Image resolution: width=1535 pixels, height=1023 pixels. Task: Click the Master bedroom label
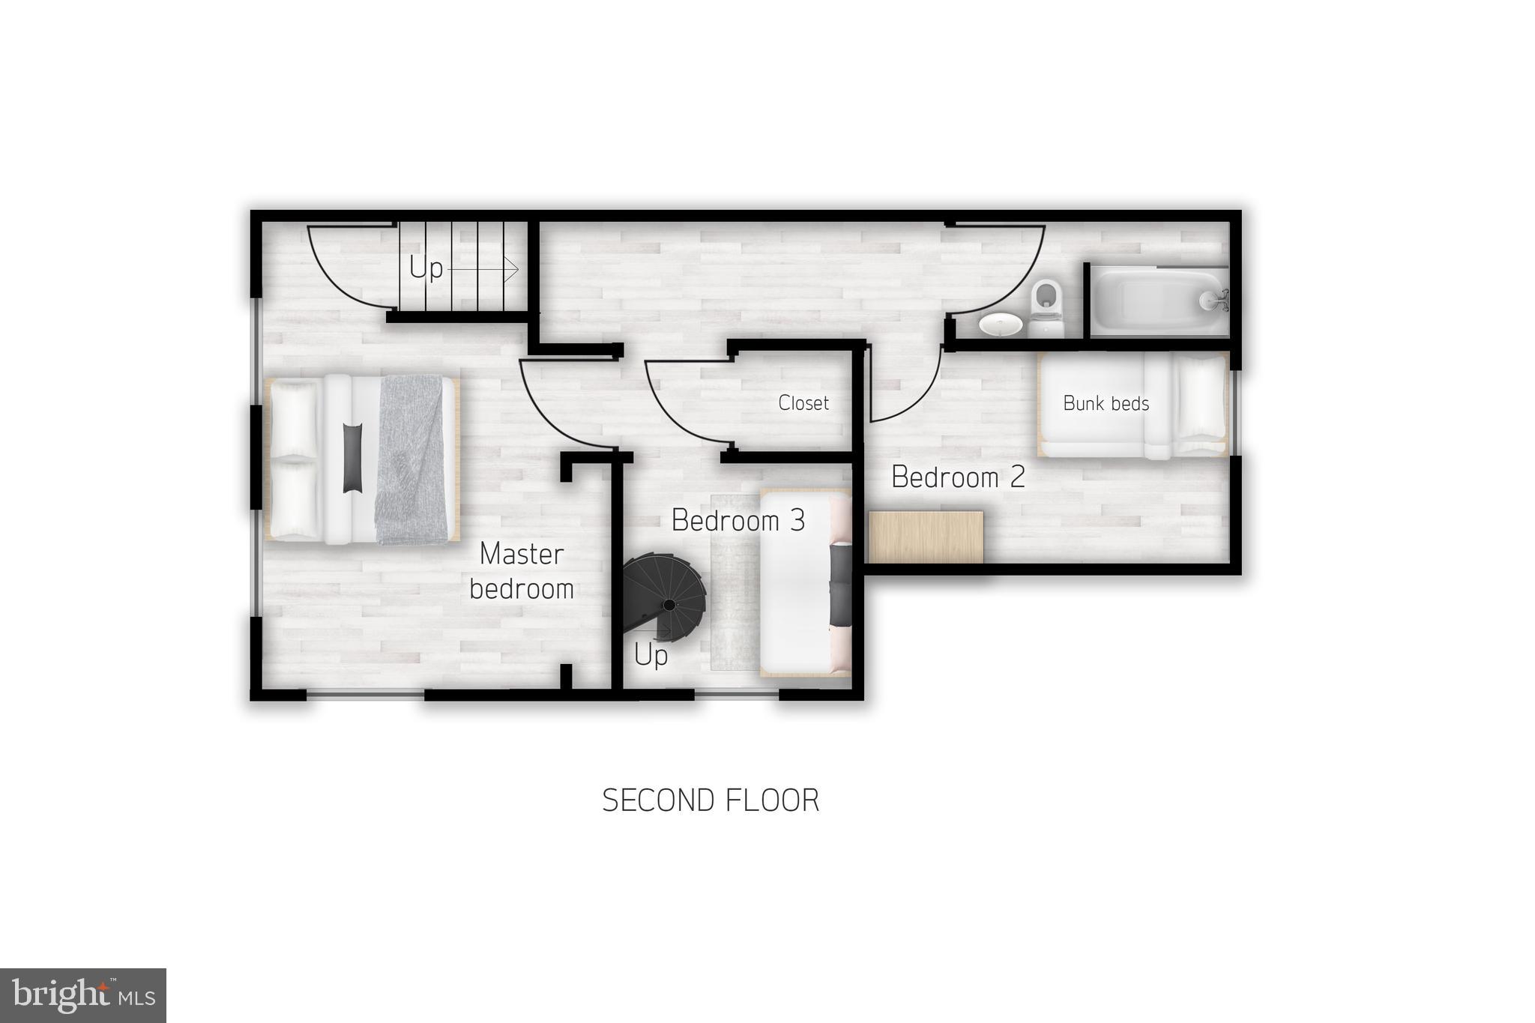tap(522, 571)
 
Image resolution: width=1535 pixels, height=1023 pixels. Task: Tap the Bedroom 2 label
tap(958, 477)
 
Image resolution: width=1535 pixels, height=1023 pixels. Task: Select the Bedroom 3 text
tap(738, 520)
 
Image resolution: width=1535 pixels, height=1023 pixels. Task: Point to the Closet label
tap(803, 403)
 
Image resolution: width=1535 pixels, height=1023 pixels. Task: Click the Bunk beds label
tap(1106, 404)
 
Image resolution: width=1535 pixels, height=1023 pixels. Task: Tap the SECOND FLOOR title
tap(711, 800)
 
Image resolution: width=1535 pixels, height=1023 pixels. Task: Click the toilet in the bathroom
tap(1046, 307)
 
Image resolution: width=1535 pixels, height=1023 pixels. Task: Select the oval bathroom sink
tap(1000, 325)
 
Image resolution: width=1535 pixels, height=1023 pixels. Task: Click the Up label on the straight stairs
tap(426, 268)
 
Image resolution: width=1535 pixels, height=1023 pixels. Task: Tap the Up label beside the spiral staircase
tap(651, 656)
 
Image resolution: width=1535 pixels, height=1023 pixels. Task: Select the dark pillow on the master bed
tap(352, 458)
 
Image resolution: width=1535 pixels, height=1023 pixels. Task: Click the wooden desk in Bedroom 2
tap(925, 537)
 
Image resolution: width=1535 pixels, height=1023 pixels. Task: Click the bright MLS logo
tap(83, 995)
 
